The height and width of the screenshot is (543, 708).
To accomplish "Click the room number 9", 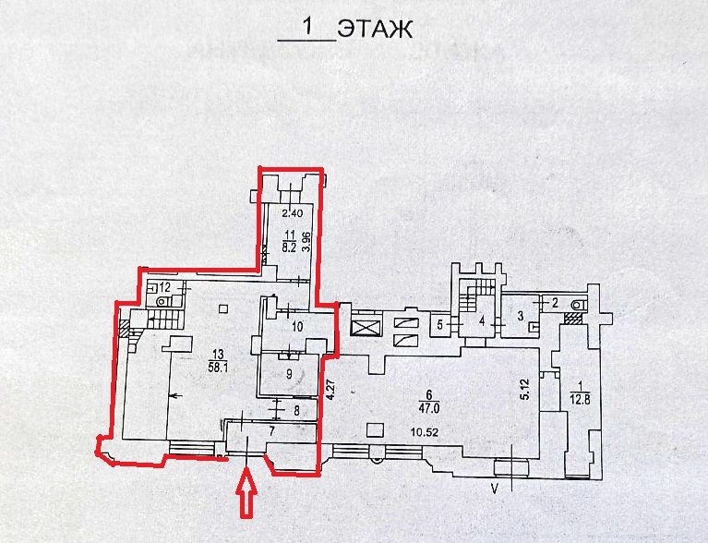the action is point(289,373).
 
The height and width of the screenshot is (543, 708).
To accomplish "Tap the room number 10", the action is point(296,326).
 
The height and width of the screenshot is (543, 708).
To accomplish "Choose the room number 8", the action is point(296,411).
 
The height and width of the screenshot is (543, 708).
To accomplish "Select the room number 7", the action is point(271,430).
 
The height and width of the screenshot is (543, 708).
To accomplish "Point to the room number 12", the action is point(164,288).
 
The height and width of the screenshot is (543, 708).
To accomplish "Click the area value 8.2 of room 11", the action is point(289,248).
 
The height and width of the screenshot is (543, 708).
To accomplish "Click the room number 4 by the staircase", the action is point(481,320).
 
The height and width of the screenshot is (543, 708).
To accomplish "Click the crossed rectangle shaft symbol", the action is point(364,328).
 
